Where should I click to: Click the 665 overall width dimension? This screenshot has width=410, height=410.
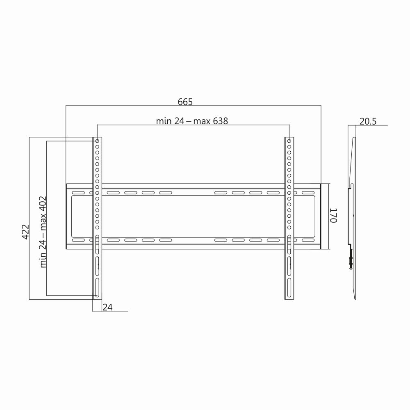185,102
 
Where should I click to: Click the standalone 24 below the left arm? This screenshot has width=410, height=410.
107,307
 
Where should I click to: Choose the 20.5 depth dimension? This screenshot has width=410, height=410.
368,121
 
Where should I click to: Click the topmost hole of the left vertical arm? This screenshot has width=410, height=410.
97,141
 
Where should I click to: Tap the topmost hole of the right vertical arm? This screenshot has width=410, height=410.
289,141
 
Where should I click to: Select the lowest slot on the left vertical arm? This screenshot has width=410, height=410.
97,288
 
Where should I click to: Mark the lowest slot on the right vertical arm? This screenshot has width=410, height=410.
289,288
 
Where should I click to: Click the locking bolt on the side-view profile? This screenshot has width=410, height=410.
350,261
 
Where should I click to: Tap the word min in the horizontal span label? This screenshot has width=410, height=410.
163,121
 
